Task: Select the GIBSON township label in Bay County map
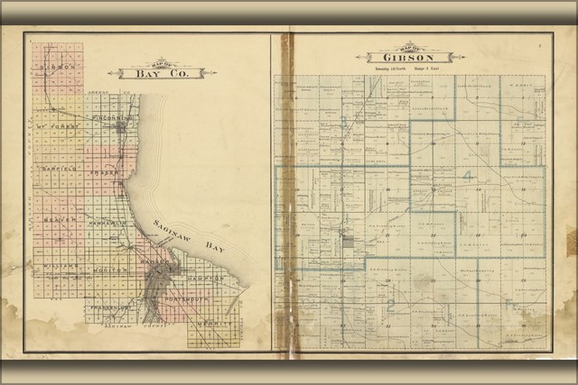56,69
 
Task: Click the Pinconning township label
115,117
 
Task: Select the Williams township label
55,268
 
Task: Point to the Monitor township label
110,270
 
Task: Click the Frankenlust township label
108,307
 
